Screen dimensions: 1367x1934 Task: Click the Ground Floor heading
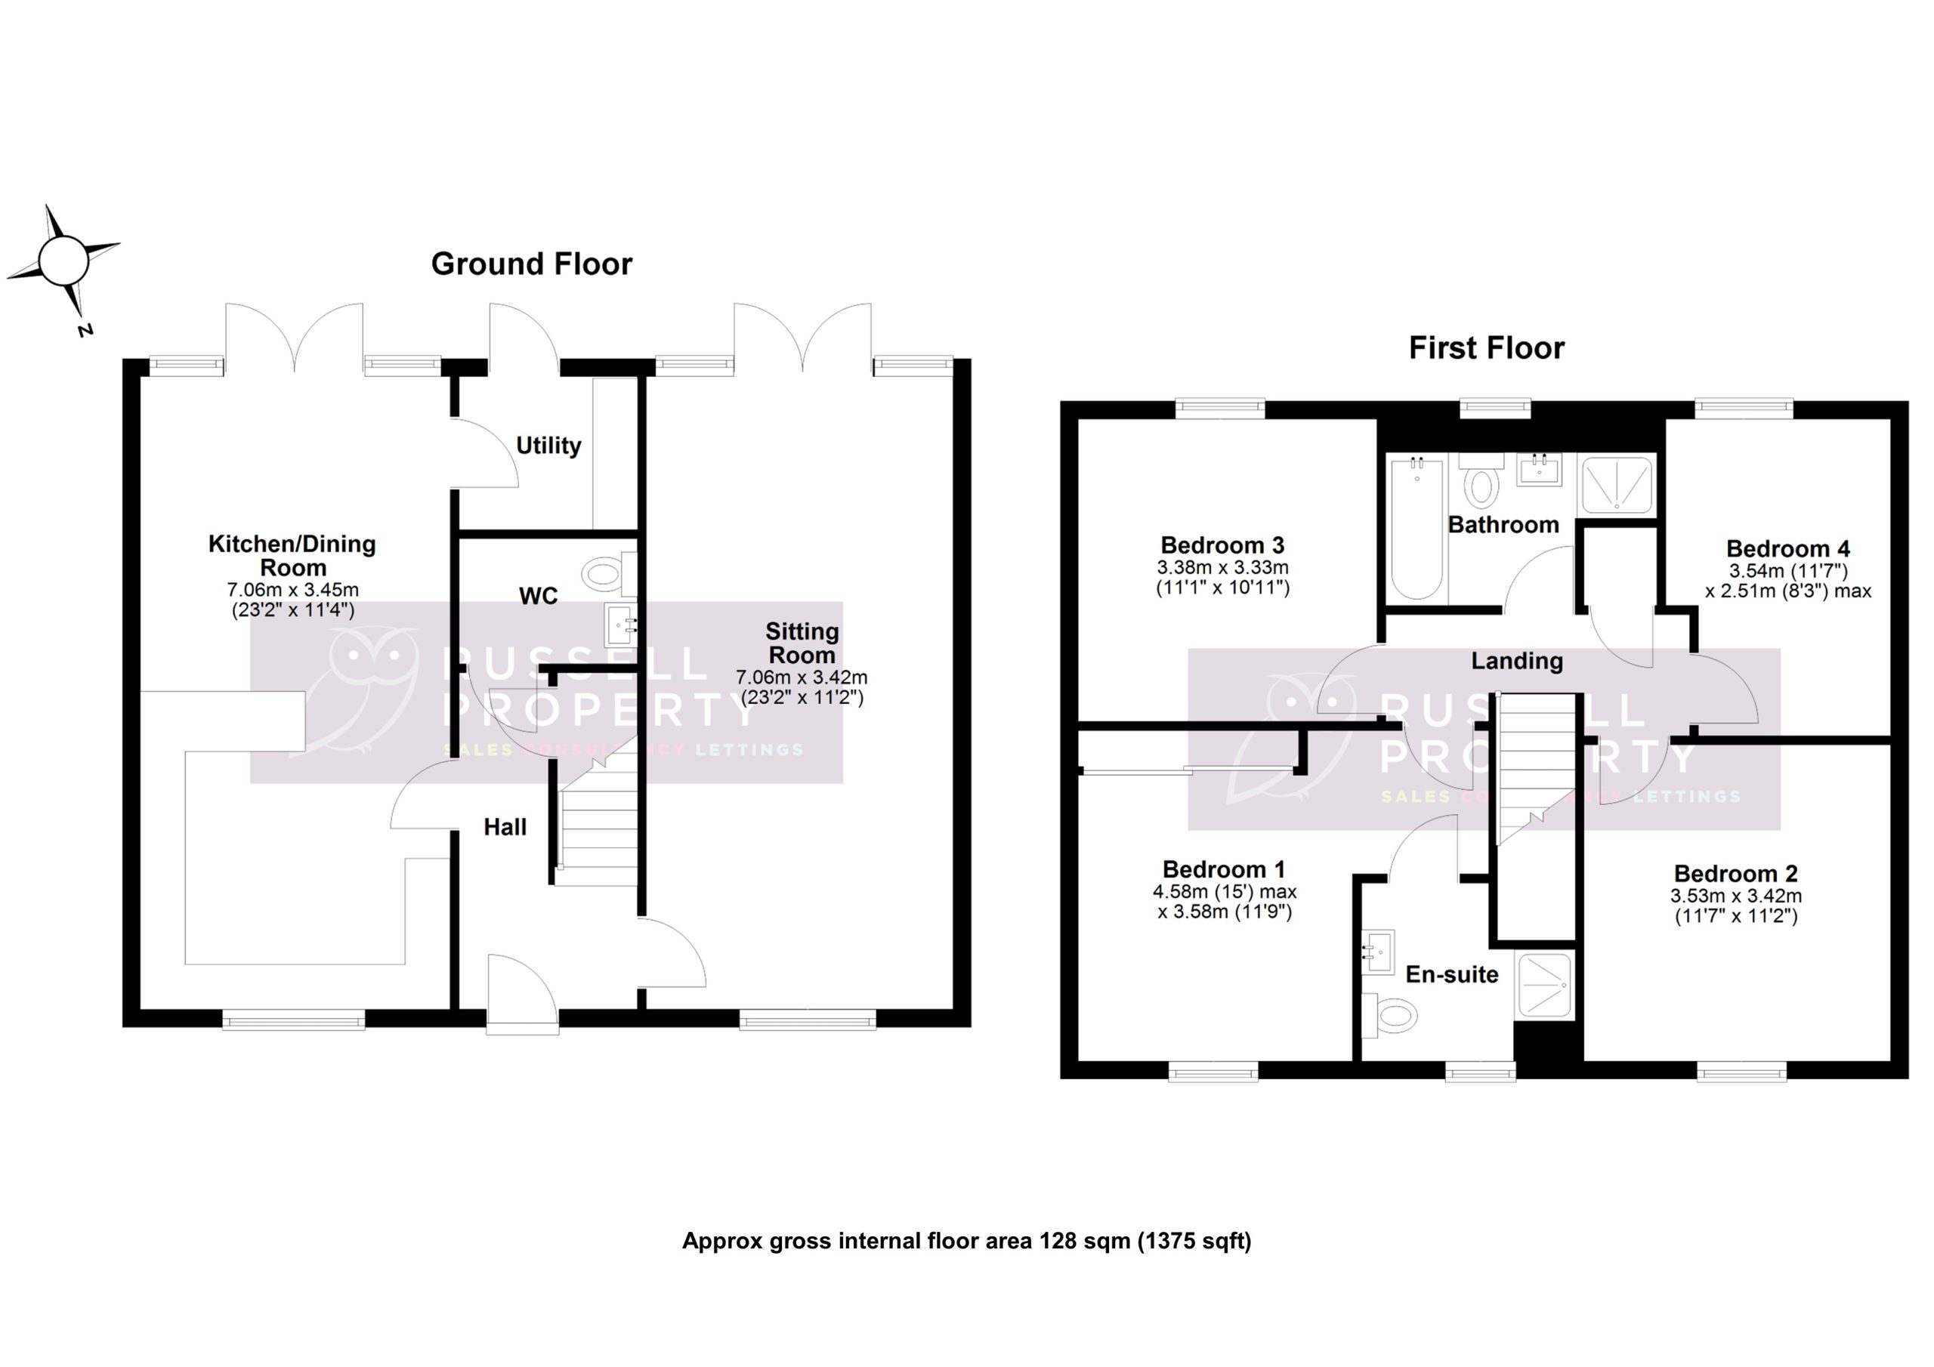coord(532,264)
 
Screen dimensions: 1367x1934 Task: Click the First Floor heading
coord(1486,348)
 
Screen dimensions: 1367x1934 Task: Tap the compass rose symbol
coord(63,261)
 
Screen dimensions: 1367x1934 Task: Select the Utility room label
coord(548,446)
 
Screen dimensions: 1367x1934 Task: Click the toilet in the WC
coord(605,575)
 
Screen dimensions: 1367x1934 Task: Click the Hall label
coord(505,827)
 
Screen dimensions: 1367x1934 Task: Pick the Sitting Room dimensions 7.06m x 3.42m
coord(801,677)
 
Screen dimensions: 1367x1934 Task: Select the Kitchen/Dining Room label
coord(292,555)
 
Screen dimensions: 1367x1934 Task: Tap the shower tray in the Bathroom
coord(1616,485)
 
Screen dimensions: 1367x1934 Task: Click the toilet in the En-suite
coord(1390,1015)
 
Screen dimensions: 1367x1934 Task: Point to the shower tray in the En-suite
coord(1544,985)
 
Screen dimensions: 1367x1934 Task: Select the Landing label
coord(1516,661)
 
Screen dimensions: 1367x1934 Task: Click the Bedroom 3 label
coord(1222,545)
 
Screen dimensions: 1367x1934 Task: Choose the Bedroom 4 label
coord(1787,549)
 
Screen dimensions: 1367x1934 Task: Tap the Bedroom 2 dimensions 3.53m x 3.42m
coord(1735,897)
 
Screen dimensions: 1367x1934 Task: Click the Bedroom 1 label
coord(1224,869)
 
